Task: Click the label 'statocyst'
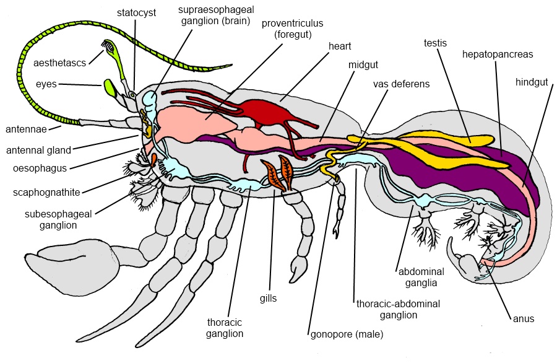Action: (137, 12)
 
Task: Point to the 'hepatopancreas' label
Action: (498, 54)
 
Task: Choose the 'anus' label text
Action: (523, 319)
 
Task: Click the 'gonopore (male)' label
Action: (347, 335)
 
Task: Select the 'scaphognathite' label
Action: (47, 191)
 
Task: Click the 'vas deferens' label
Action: (401, 84)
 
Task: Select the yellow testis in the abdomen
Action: (458, 139)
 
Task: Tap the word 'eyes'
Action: (46, 84)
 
